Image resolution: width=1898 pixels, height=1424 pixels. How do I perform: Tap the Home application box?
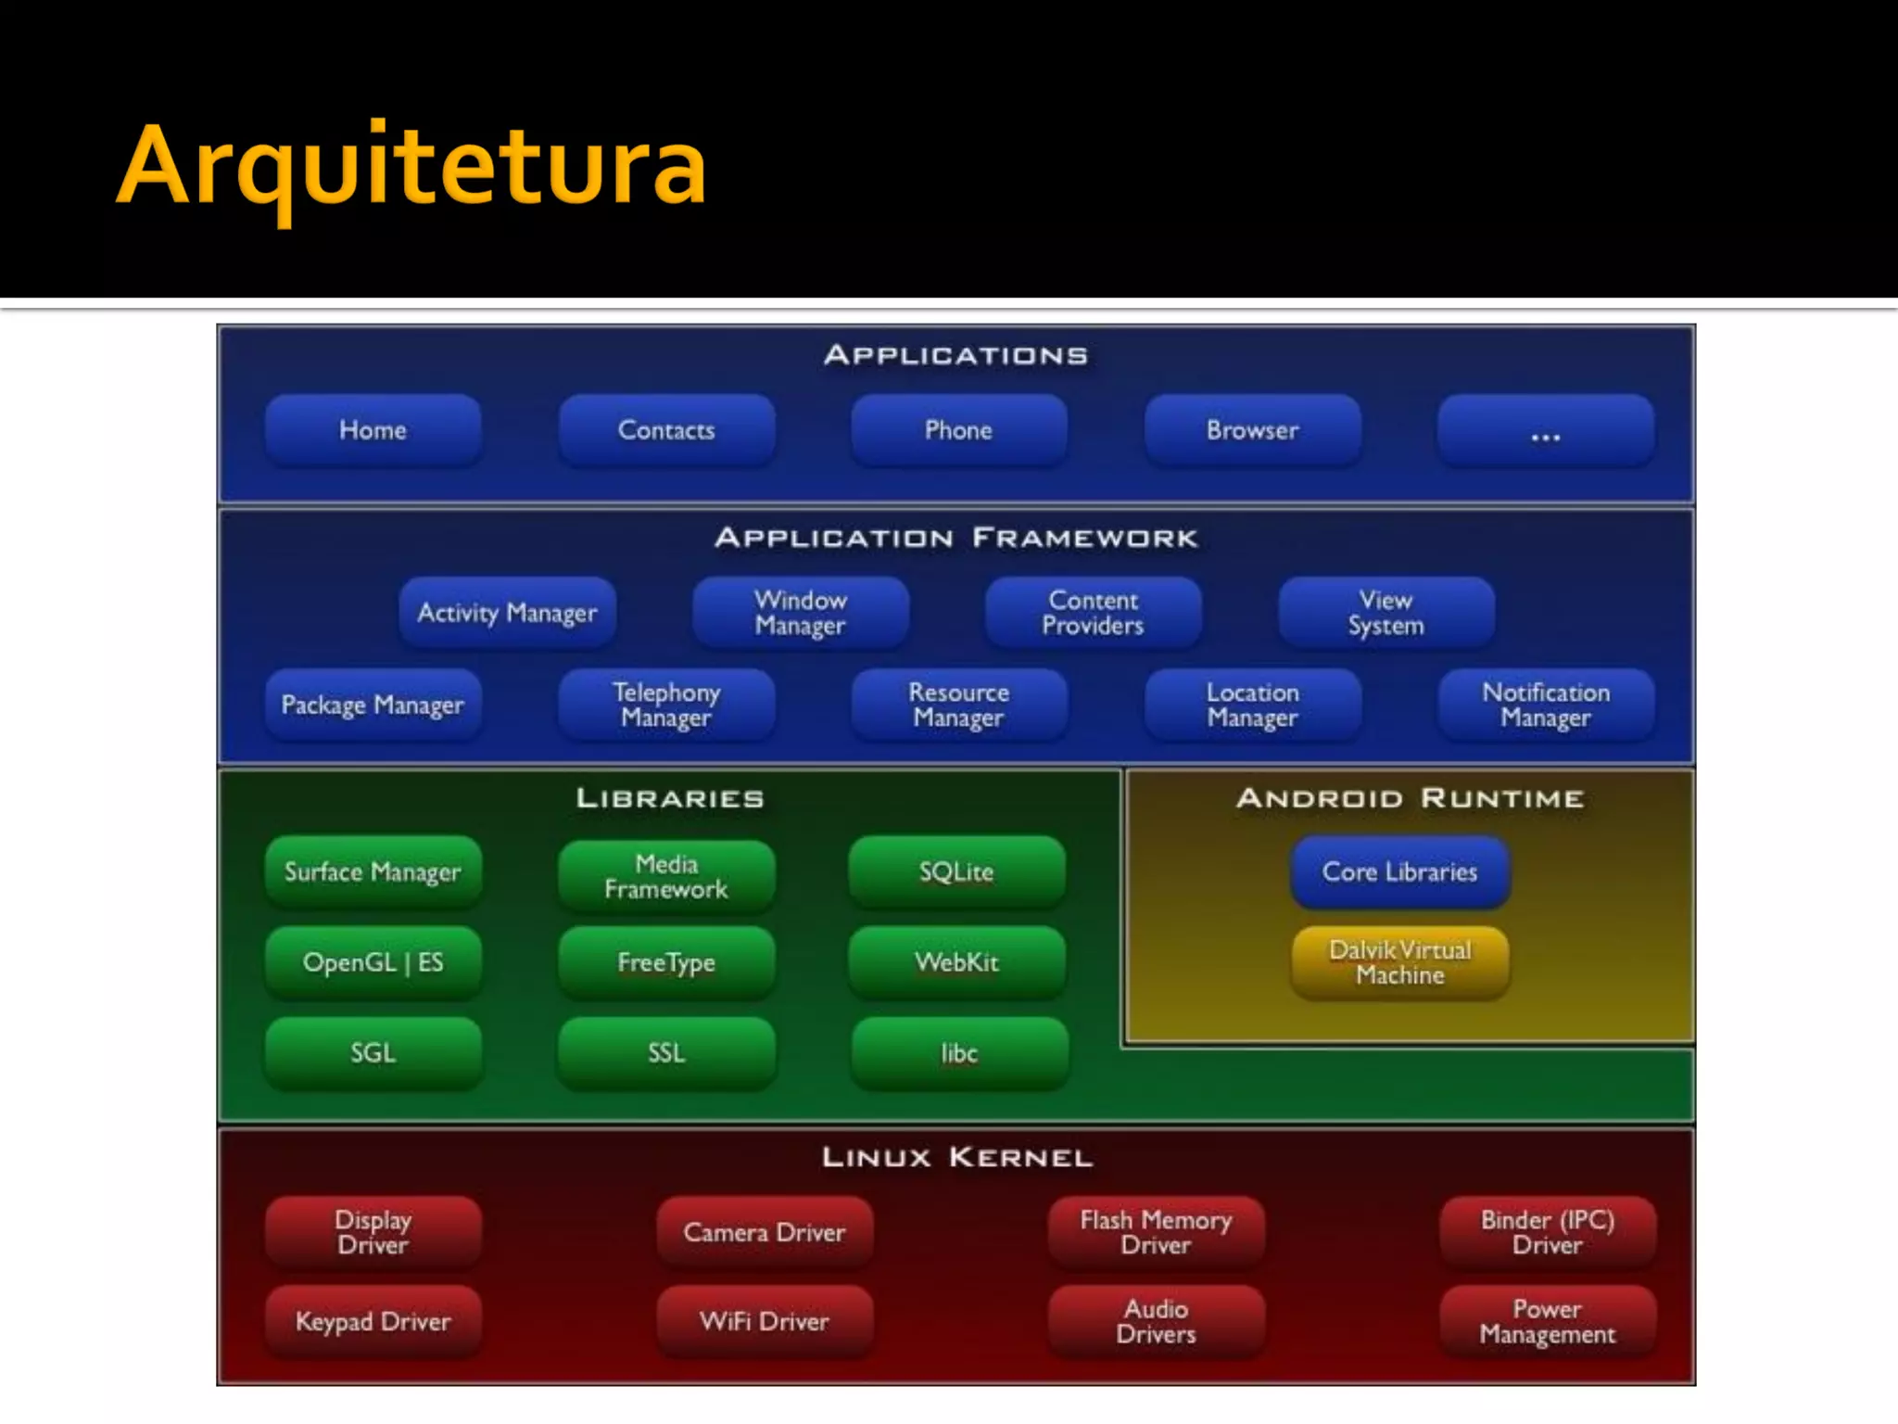coord(373,430)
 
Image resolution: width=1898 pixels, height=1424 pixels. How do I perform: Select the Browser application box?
coord(1252,430)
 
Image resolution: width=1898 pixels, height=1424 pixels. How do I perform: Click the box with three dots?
coord(1545,430)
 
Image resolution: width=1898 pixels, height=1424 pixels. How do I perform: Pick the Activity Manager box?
coord(507,613)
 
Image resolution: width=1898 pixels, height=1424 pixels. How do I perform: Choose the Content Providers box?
coord(1093,613)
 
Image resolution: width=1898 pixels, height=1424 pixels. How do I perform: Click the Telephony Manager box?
coord(666,705)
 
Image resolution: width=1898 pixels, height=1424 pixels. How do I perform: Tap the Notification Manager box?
coord(1545,705)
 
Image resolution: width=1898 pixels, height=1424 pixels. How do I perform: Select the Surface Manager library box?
coord(373,871)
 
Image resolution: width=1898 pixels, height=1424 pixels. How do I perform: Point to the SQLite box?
coord(956,871)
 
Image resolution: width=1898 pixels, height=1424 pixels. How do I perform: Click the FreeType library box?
coord(666,962)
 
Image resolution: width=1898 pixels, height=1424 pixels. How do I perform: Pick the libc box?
coord(959,1053)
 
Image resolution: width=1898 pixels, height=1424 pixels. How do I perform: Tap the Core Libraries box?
coord(1399,871)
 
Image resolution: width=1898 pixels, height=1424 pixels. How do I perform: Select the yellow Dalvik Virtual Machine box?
coord(1399,962)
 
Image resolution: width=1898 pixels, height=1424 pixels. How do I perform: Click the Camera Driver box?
coord(765,1232)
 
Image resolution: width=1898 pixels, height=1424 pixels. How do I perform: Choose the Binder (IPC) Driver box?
coord(1547,1232)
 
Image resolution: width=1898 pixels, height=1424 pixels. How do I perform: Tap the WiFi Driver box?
coord(765,1321)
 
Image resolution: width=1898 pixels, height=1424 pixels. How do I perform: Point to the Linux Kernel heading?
coord(956,1157)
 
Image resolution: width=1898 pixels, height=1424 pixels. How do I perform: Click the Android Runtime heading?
coord(1410,798)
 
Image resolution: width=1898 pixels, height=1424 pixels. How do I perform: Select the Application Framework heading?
coord(956,538)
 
